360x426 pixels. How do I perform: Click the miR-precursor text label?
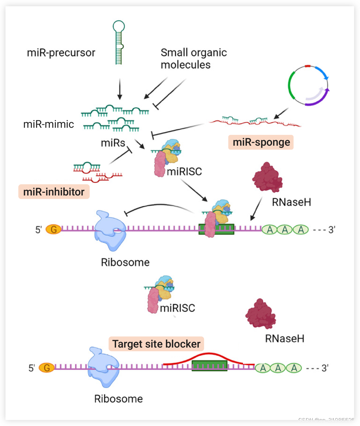point(61,53)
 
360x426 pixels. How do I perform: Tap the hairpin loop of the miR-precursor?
point(119,26)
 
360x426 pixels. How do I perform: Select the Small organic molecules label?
point(193,58)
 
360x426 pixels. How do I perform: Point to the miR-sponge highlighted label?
point(261,142)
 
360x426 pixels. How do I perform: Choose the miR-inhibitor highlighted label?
point(54,192)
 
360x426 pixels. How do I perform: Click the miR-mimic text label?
point(49,124)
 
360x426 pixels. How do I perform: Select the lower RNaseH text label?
point(284,339)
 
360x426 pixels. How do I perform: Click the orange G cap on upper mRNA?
point(53,229)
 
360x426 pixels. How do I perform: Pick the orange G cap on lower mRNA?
point(47,368)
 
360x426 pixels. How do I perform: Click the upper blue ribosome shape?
point(110,230)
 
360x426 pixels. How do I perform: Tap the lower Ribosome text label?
point(118,399)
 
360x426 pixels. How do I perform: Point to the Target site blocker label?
point(156,344)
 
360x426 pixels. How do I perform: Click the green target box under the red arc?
point(209,366)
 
